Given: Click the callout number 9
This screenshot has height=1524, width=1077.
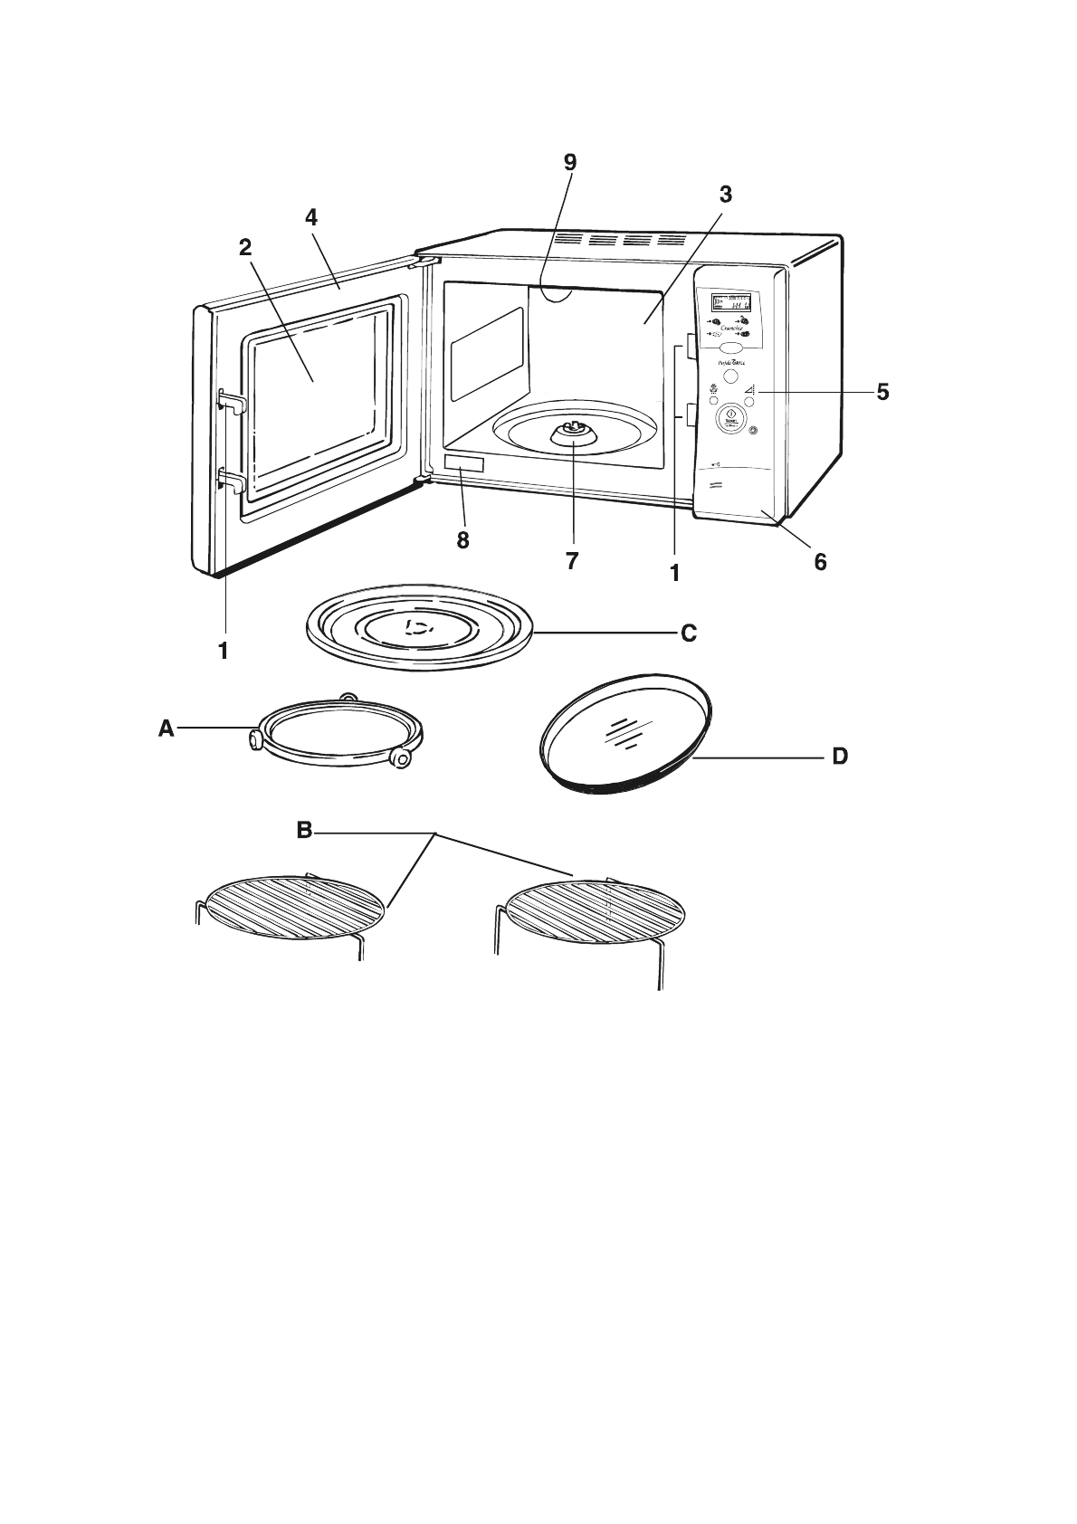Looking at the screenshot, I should click(569, 162).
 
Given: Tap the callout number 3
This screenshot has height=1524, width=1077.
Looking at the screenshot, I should click(725, 194).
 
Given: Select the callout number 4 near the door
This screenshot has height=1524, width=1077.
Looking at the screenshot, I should click(311, 217).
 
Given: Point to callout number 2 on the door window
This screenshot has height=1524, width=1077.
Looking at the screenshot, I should click(245, 248).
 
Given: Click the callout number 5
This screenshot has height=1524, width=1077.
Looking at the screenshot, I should click(882, 392).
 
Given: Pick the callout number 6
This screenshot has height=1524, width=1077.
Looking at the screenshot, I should click(820, 562).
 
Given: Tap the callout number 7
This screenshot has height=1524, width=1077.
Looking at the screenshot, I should click(572, 561).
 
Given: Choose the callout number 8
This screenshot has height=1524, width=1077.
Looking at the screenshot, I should click(462, 540).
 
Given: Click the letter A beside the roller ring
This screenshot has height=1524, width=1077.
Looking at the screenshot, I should click(166, 728).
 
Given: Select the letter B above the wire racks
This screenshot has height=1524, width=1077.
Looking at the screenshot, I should click(305, 829).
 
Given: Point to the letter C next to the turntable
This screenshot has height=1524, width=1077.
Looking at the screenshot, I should click(689, 633).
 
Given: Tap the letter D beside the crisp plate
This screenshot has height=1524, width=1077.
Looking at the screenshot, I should click(840, 756).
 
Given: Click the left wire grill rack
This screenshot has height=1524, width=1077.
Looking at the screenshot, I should click(295, 908).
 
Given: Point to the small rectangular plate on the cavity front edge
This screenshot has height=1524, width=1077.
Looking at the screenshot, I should click(463, 464).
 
